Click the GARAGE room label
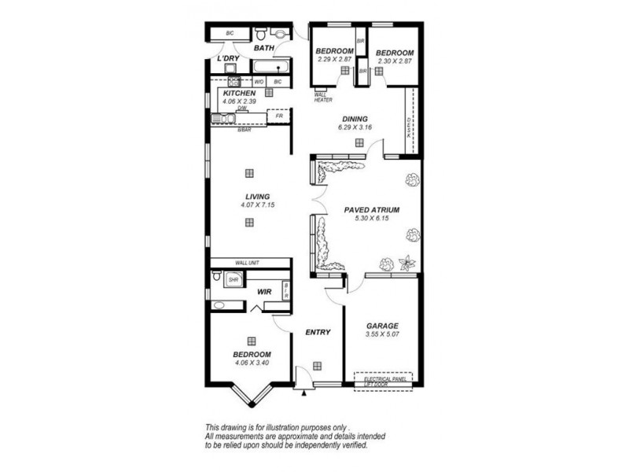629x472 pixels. click(x=381, y=326)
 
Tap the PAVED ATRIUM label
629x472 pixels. click(x=372, y=210)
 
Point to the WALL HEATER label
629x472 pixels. click(x=324, y=97)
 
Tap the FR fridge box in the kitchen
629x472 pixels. click(x=278, y=115)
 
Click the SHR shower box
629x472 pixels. click(x=233, y=279)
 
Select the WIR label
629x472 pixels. click(x=263, y=292)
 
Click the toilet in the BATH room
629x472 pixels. click(x=260, y=34)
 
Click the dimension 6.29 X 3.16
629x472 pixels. click(x=354, y=127)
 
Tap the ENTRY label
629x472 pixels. click(x=317, y=332)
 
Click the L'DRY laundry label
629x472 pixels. click(x=229, y=59)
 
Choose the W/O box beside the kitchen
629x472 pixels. click(x=259, y=81)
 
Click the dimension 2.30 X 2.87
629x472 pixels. click(x=394, y=60)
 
